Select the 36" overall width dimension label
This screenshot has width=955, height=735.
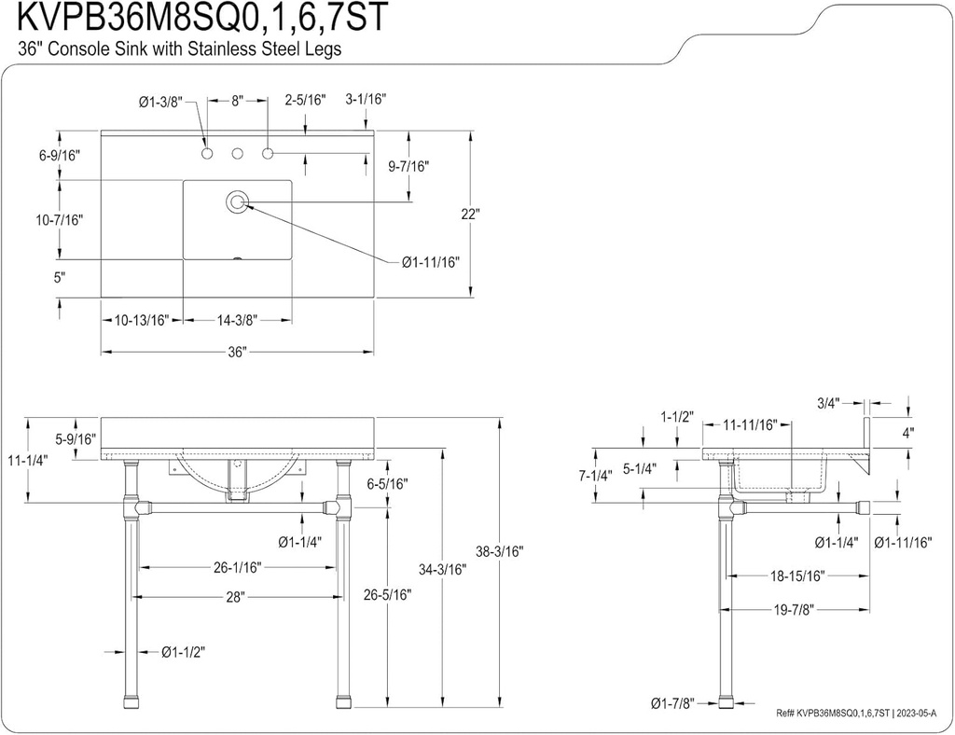(236, 352)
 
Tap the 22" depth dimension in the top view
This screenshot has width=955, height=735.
(471, 214)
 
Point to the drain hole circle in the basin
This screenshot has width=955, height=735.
(237, 201)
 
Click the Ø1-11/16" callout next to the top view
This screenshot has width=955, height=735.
(431, 262)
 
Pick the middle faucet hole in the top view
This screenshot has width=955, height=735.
(237, 152)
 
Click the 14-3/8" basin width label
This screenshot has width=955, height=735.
(236, 320)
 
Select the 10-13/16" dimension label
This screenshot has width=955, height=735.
(141, 320)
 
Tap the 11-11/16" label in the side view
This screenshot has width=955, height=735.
(751, 424)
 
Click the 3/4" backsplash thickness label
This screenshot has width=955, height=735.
(828, 403)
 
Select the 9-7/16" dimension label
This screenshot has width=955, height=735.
(408, 166)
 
